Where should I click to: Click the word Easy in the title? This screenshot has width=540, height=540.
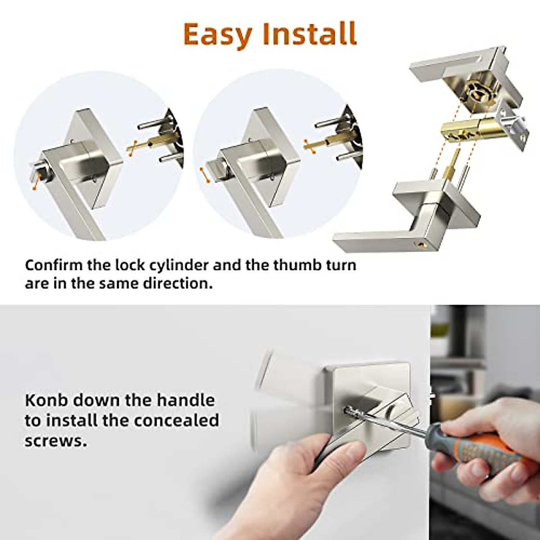pos(217,35)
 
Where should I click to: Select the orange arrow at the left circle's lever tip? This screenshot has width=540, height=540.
pos(35,184)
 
